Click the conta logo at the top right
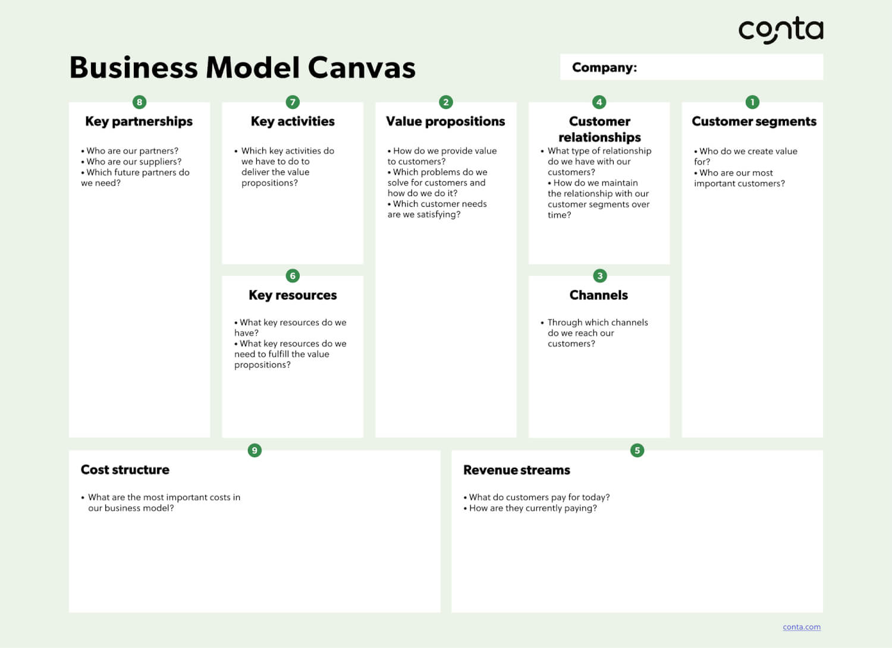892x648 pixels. (781, 30)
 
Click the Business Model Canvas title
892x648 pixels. (243, 67)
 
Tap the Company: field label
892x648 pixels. (605, 67)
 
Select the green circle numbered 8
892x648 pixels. (139, 102)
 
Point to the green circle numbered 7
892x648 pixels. (293, 102)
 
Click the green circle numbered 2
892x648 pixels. (446, 102)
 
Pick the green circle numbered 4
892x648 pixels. (599, 102)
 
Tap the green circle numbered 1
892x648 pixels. (753, 102)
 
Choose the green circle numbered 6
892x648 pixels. (293, 276)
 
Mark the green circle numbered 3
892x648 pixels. (600, 276)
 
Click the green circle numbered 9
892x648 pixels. (255, 450)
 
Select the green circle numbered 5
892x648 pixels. (637, 450)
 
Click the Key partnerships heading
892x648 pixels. (139, 121)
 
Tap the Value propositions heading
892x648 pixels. (445, 121)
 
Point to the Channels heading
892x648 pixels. (599, 295)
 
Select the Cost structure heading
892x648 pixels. (125, 470)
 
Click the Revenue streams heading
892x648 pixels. (517, 470)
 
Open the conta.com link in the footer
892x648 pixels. (802, 627)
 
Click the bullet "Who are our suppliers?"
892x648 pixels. (131, 162)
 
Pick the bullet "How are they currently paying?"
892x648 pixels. (530, 508)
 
